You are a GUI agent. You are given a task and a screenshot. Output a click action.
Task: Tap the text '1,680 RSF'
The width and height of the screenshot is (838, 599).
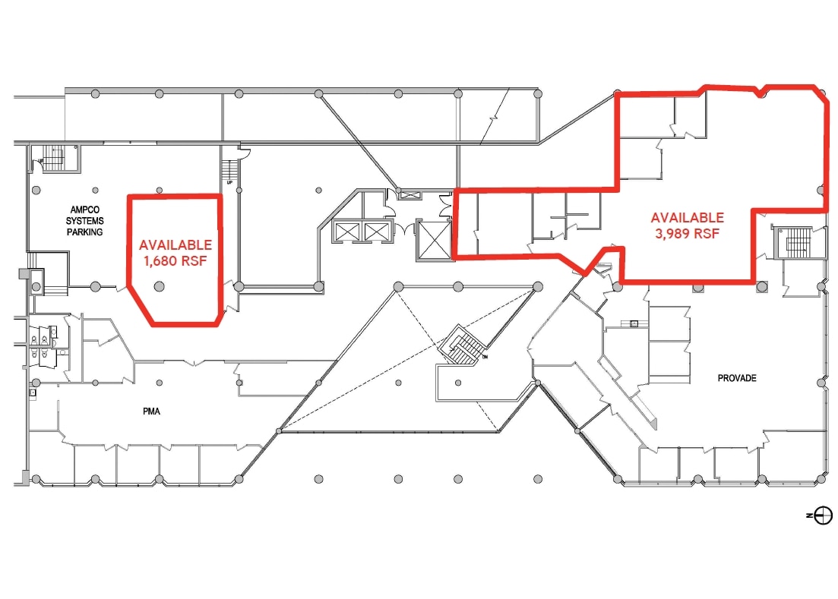click(x=175, y=262)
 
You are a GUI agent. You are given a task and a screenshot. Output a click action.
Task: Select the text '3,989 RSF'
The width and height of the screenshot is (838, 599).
click(x=687, y=234)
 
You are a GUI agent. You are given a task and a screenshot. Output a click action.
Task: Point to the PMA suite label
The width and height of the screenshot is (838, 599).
click(x=151, y=412)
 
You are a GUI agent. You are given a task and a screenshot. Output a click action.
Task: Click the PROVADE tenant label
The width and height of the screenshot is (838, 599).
click(x=737, y=378)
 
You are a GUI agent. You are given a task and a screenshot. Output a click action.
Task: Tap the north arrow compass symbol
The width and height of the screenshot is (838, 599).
click(x=823, y=515)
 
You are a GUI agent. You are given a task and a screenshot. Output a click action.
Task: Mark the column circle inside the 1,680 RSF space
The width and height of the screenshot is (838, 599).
click(x=160, y=286)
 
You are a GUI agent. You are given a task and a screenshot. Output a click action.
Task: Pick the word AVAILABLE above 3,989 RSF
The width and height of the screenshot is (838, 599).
click(x=687, y=218)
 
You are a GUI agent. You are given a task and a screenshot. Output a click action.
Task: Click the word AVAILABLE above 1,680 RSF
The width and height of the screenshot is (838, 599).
click(x=175, y=245)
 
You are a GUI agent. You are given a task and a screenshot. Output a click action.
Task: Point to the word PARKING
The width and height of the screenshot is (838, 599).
click(x=84, y=232)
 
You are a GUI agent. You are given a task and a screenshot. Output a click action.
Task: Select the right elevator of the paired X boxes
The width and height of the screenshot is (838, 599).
click(x=376, y=232)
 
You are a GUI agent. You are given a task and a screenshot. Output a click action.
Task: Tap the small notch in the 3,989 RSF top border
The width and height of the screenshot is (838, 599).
click(x=761, y=93)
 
